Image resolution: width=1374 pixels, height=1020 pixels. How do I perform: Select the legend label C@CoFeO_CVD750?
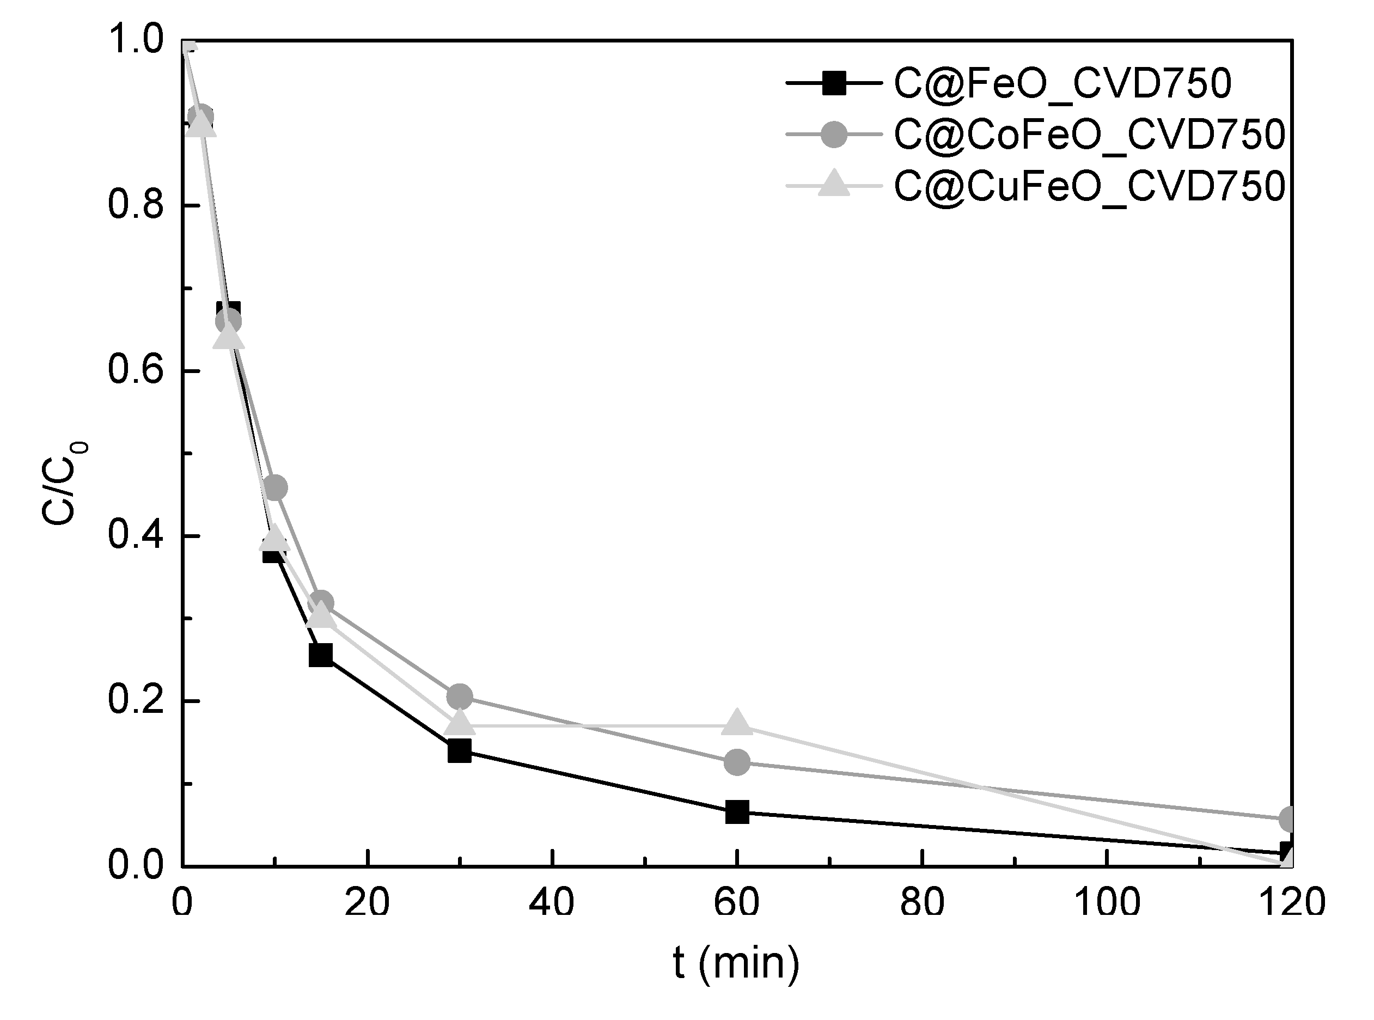(x=1089, y=135)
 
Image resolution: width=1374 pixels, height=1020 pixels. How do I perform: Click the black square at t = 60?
(x=737, y=812)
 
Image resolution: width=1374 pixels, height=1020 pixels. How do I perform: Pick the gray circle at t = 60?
(x=737, y=762)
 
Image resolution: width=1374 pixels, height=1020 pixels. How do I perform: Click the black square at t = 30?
(x=460, y=751)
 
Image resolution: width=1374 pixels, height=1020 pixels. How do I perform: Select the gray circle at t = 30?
(x=460, y=697)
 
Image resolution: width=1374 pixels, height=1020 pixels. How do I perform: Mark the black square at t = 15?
(x=321, y=655)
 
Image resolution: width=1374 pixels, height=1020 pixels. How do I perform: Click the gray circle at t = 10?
(x=275, y=488)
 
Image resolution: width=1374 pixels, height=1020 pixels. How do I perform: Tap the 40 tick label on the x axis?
(x=552, y=903)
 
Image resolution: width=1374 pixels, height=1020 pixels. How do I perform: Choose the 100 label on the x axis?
(x=1106, y=903)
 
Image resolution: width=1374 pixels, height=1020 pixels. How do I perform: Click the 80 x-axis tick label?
(x=921, y=903)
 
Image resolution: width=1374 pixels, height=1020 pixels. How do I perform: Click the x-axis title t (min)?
(x=736, y=963)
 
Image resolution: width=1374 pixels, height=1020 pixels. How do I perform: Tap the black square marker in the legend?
(x=834, y=83)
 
